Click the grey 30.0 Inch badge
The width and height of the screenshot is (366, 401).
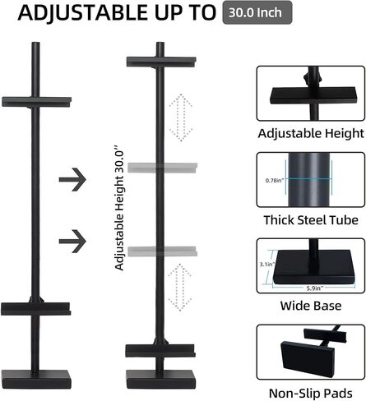pos(257,12)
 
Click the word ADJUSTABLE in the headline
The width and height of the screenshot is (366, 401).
pos(83,13)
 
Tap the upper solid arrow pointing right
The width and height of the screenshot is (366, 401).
pos(72,179)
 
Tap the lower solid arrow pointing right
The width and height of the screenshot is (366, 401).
pos(72,241)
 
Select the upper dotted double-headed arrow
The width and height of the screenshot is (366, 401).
pos(181,118)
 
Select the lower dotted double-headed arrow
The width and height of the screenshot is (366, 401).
pos(179,288)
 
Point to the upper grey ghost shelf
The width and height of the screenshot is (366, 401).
pos(162,168)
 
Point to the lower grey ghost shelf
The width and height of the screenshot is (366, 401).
pos(162,251)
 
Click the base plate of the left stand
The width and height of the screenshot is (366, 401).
pos(36,380)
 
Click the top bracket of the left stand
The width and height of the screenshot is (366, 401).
pos(36,102)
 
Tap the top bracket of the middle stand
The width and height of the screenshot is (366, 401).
pos(161,62)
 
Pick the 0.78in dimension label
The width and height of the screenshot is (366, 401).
pos(275,180)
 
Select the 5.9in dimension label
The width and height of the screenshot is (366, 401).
pos(315,288)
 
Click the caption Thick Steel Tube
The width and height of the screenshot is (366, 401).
pos(311,220)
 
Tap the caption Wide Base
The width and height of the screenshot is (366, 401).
pos(311,306)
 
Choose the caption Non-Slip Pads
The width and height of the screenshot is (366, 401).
pos(311,393)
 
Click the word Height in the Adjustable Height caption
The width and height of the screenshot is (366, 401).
pos(345,134)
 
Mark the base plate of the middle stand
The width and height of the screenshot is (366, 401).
pos(161,380)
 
